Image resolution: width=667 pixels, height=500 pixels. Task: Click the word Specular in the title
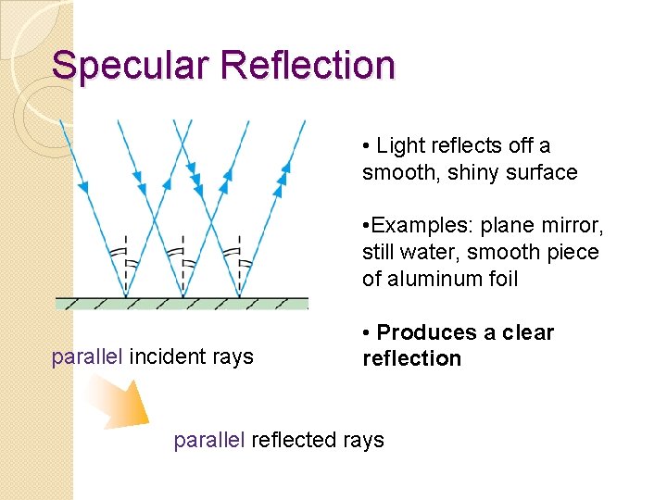pos(133,66)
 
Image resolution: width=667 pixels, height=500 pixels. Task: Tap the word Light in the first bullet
pos(400,146)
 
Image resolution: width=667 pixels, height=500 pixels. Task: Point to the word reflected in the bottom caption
pos(294,441)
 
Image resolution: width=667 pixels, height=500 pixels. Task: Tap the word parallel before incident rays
pos(87,357)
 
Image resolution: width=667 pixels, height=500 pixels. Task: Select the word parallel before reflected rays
pos(209,441)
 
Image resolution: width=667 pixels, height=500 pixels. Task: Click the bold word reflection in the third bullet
pos(411,358)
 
